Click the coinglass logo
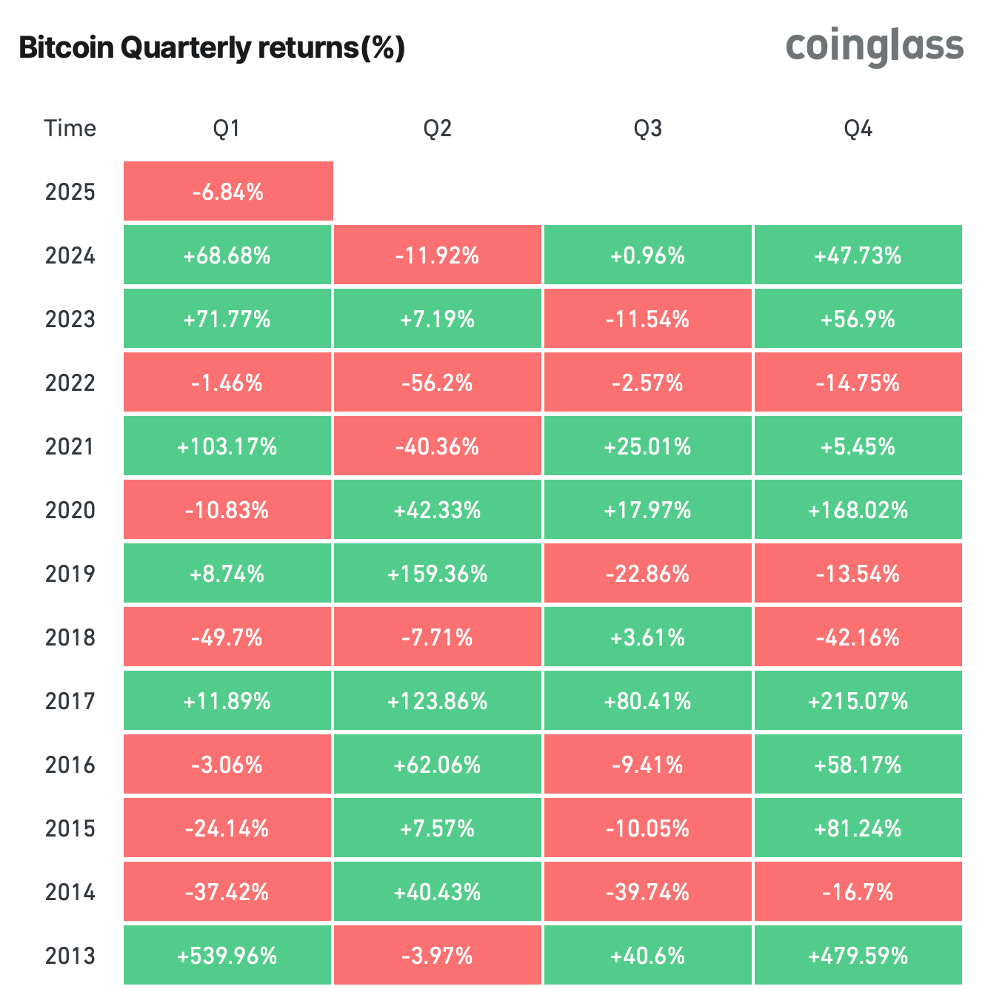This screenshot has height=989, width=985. tap(874, 47)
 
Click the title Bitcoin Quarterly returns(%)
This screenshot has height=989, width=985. tap(212, 48)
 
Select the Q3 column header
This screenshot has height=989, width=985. tap(647, 129)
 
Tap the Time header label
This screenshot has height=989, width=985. tap(70, 129)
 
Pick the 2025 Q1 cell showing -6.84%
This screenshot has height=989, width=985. tap(228, 192)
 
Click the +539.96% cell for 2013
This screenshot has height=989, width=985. tap(227, 956)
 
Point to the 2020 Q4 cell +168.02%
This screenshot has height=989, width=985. tap(858, 510)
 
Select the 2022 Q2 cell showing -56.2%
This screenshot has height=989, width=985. tap(437, 383)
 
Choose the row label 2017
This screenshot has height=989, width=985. tap(70, 701)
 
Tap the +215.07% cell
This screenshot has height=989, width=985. tap(858, 701)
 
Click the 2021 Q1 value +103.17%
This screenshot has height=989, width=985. tap(227, 446)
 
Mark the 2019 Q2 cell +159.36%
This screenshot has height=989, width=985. tap(437, 574)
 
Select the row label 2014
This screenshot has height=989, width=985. tap(70, 892)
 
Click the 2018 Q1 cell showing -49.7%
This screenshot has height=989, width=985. tap(227, 637)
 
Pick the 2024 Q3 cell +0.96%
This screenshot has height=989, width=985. tap(647, 255)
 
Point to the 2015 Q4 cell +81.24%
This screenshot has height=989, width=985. tap(858, 828)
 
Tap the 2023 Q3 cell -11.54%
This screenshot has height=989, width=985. tap(647, 319)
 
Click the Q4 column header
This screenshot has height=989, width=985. tap(858, 129)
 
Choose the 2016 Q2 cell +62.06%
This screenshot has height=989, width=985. tap(437, 765)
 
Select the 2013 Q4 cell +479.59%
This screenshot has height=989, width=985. tap(858, 956)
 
